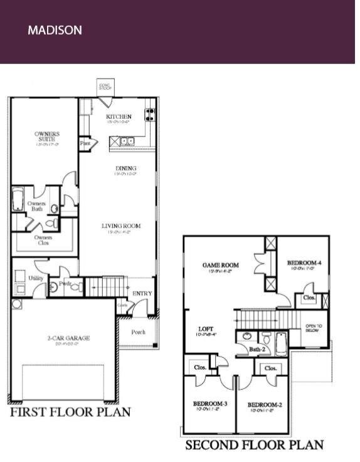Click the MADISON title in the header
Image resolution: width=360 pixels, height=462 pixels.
tap(55, 30)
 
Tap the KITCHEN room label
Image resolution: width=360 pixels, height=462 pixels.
tap(119, 117)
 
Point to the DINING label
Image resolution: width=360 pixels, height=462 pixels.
tap(125, 169)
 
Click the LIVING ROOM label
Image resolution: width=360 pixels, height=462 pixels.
tap(121, 226)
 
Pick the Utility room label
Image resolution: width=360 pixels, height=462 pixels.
tap(36, 277)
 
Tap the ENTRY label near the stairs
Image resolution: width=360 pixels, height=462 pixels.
tap(142, 294)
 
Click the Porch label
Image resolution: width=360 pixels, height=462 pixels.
tap(139, 332)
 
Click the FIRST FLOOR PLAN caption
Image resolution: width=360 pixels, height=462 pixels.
tap(70, 412)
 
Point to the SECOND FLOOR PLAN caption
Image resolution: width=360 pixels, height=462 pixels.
tap(254, 445)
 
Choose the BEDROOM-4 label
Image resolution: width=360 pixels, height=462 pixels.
tap(304, 263)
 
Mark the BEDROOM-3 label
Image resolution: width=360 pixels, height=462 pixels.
tap(207, 404)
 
